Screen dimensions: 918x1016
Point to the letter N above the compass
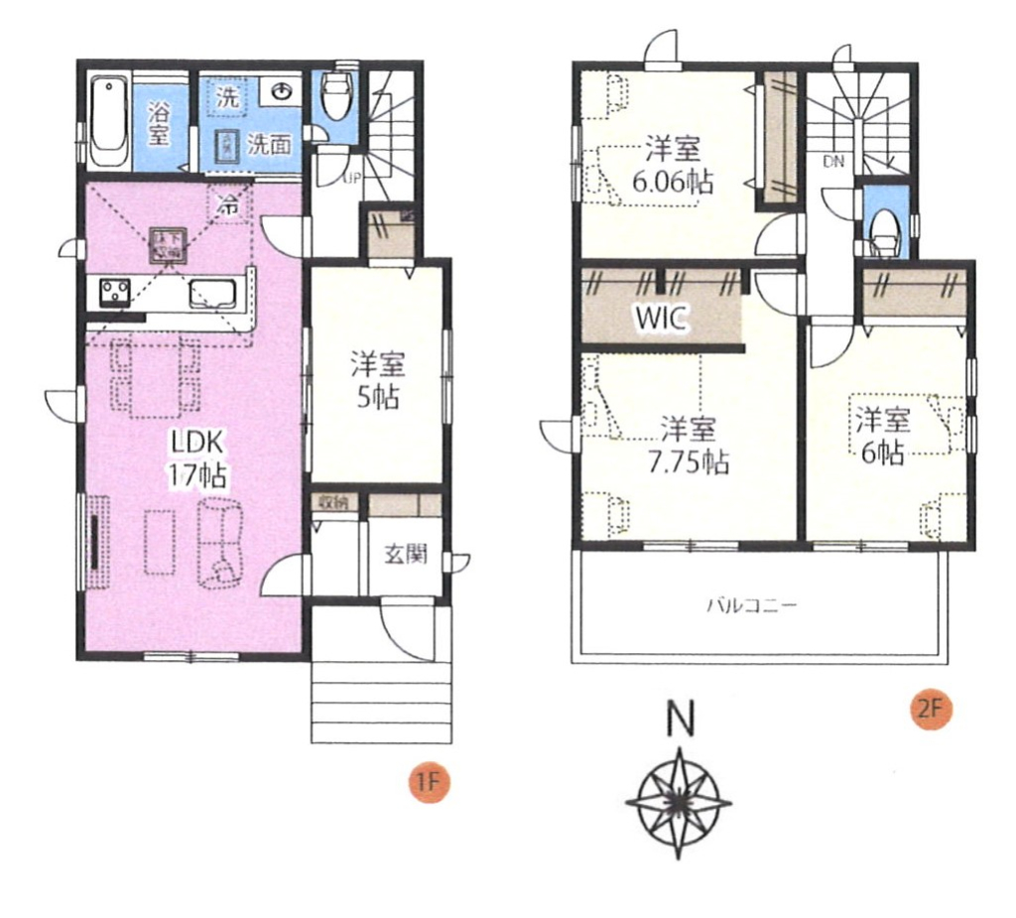click(x=680, y=719)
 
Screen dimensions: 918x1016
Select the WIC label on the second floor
click(x=660, y=318)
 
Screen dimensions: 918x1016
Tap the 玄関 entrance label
click(x=405, y=554)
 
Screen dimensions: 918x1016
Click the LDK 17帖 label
click(x=198, y=458)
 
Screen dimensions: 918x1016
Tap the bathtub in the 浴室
click(x=107, y=125)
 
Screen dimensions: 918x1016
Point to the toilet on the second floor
click(x=883, y=229)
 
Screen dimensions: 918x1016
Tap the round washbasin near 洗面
click(x=283, y=92)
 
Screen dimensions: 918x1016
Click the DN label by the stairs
click(x=830, y=160)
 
